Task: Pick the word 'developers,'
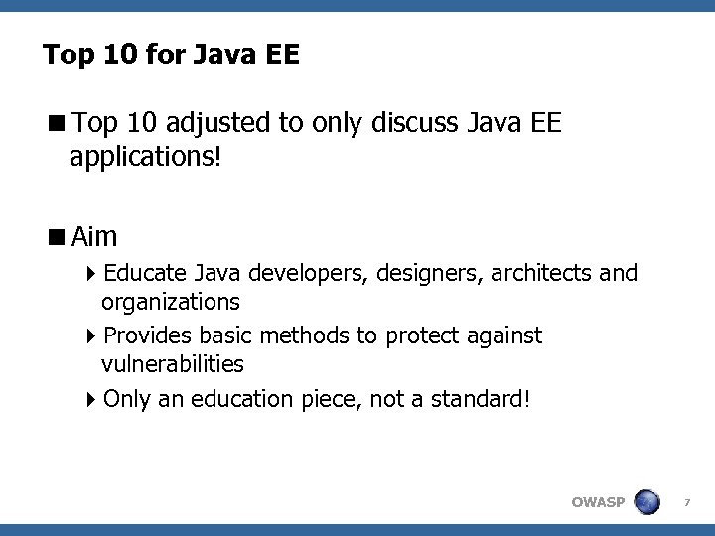pos(307,272)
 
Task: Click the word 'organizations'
pos(170,300)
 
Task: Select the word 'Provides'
pos(148,335)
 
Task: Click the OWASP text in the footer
pos(598,502)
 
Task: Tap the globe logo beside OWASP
pos(648,501)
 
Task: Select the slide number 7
pos(688,502)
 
